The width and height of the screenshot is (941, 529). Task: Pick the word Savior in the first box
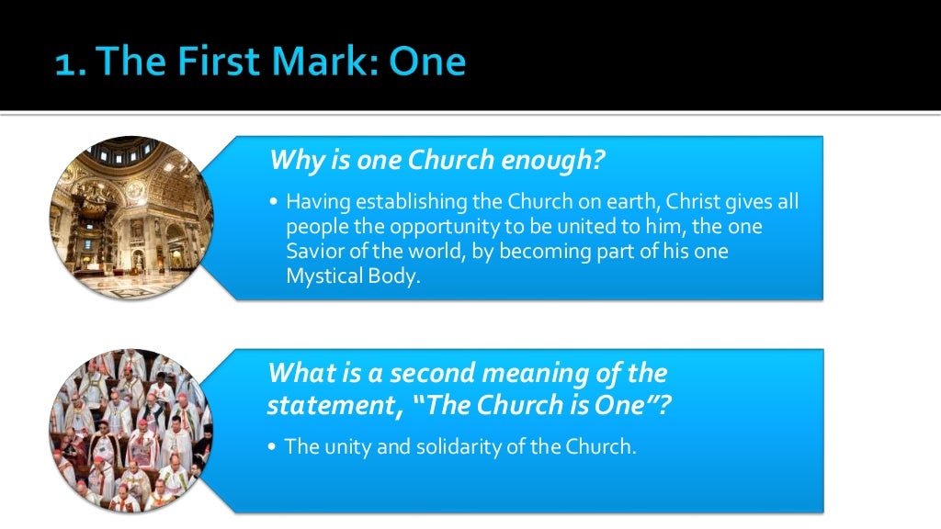[x=313, y=251]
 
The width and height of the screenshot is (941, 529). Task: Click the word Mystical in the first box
[x=321, y=276]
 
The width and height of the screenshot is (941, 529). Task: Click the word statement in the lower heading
[x=332, y=404]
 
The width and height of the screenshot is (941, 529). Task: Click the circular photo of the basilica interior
[x=130, y=218]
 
